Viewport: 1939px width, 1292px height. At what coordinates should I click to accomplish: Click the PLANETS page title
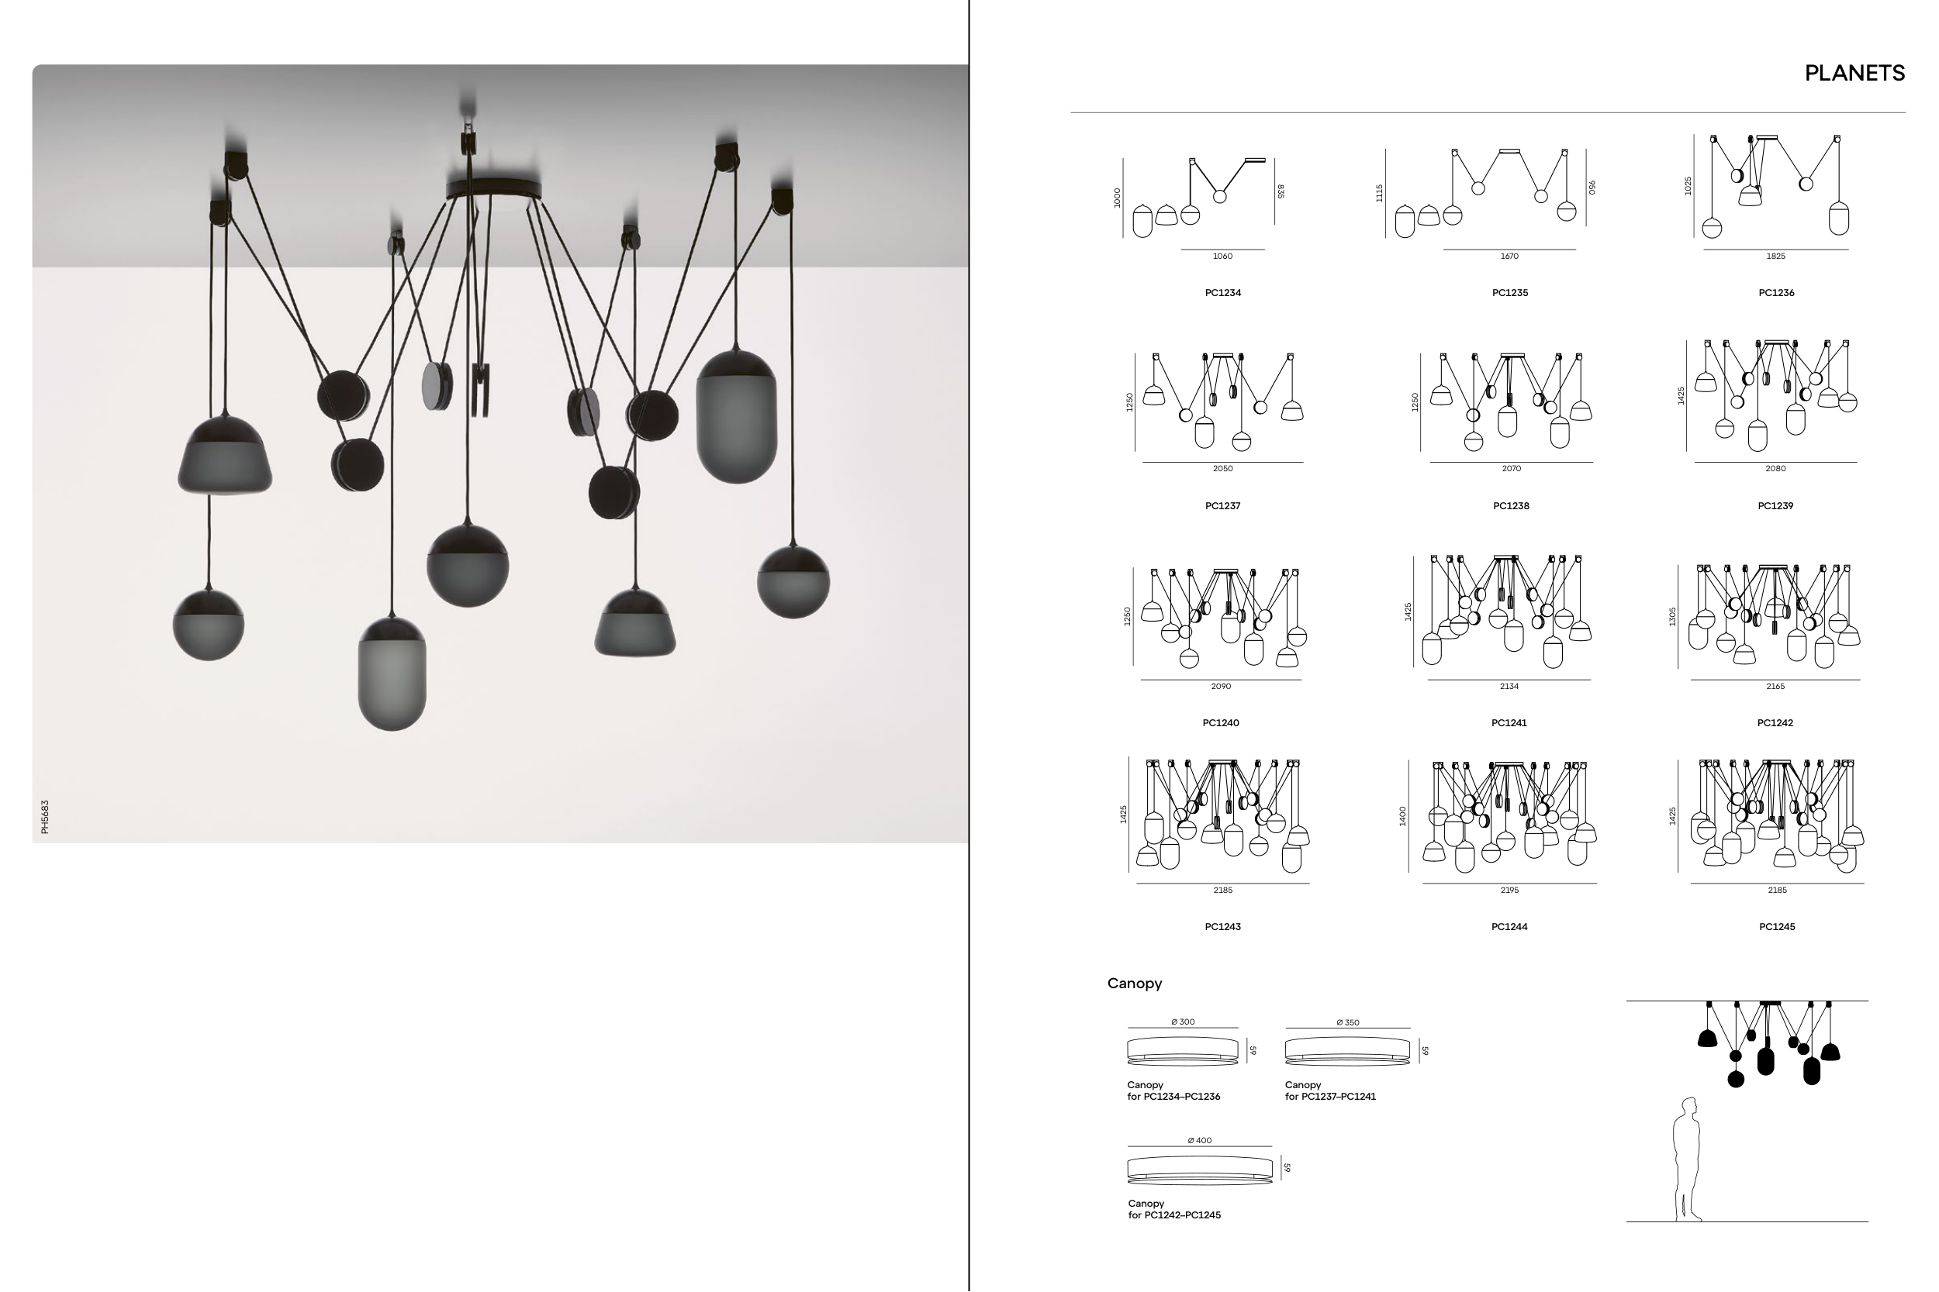[x=1854, y=74]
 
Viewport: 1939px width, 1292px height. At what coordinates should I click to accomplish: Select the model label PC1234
[x=1222, y=292]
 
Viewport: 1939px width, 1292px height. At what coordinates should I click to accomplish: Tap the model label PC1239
[x=1775, y=506]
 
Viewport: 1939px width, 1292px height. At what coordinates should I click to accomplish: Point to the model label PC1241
[x=1509, y=722]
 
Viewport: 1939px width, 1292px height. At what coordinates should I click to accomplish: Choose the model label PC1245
[x=1777, y=926]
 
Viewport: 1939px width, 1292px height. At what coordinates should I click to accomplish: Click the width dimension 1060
[x=1222, y=257]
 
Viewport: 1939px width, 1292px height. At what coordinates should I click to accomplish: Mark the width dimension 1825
[x=1776, y=257]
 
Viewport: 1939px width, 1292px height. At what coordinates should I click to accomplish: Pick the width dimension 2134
[x=1509, y=686]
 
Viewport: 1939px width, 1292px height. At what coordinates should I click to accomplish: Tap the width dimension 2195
[x=1509, y=890]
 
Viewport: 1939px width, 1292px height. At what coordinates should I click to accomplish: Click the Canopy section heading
[x=1135, y=983]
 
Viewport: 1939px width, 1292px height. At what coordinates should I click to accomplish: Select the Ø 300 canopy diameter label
[x=1182, y=1022]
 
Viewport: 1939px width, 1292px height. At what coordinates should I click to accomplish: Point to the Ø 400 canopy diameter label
[x=1200, y=1140]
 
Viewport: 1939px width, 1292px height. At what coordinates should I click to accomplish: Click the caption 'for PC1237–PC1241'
[x=1329, y=1097]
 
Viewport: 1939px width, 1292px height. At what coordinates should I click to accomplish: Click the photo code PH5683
[x=45, y=817]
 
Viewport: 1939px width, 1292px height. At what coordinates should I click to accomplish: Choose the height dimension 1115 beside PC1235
[x=1379, y=193]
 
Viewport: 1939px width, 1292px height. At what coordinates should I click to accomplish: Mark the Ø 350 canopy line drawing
[x=1347, y=1051]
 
